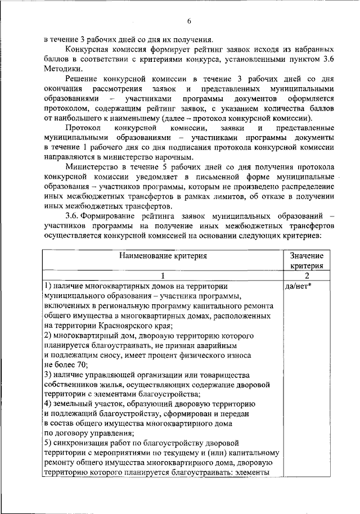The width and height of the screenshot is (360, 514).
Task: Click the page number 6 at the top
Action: [190, 21]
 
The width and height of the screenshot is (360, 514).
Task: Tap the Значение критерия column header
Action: [307, 260]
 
